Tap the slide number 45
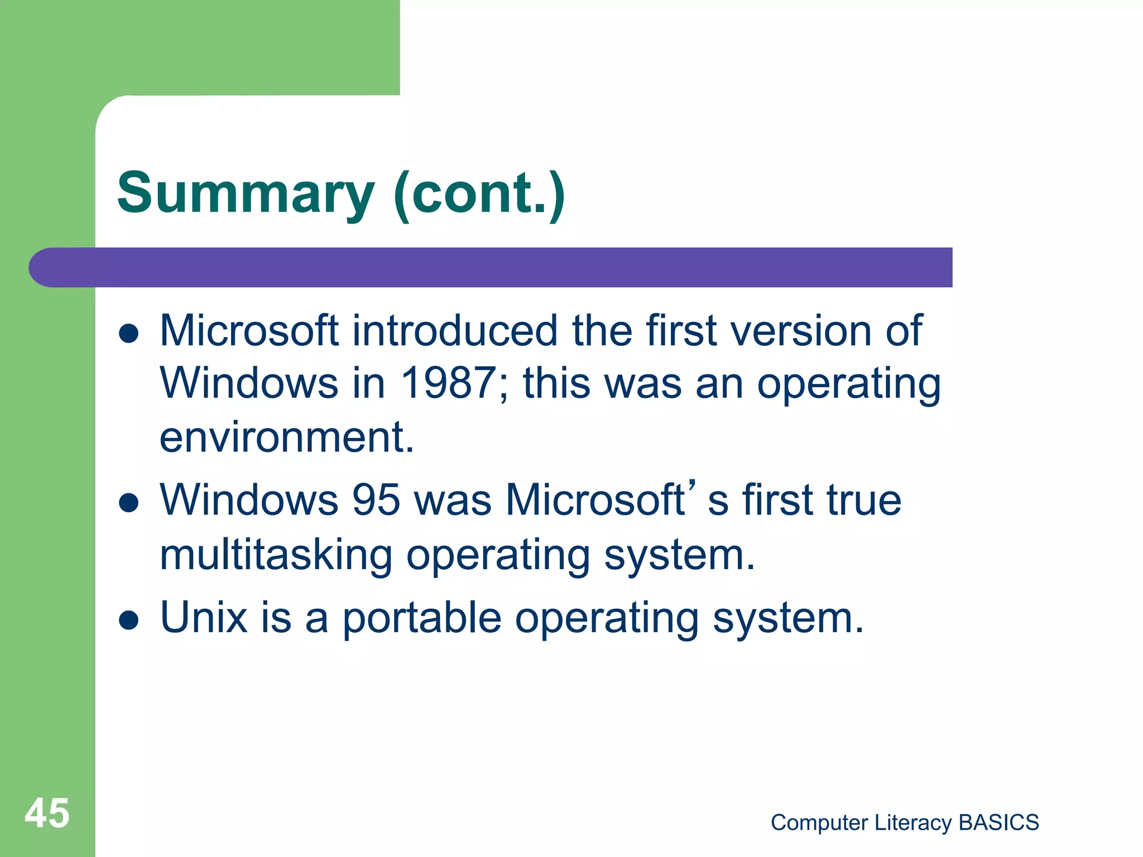pyautogui.click(x=47, y=813)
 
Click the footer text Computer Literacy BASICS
pyautogui.click(x=904, y=822)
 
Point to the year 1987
pyautogui.click(x=448, y=384)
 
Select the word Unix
pyautogui.click(x=204, y=618)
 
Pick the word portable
pyautogui.click(x=421, y=619)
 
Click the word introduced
pyautogui.click(x=455, y=331)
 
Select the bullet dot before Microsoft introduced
pyautogui.click(x=129, y=334)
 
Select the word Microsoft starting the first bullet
pyautogui.click(x=249, y=331)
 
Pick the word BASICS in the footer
pyautogui.click(x=998, y=822)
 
